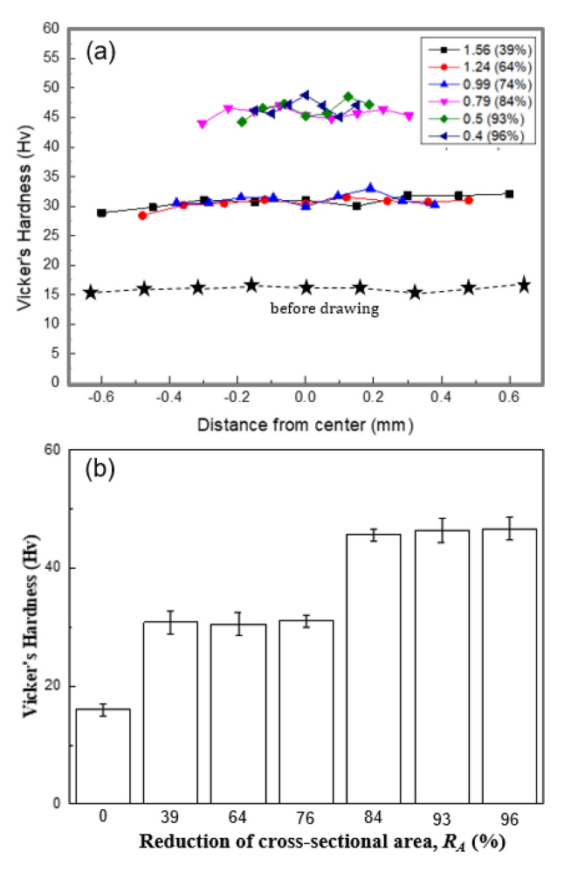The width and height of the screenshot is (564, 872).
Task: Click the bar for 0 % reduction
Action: [102, 756]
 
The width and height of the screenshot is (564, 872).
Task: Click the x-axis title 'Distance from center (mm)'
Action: [304, 426]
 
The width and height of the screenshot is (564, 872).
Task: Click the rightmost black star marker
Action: [524, 285]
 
